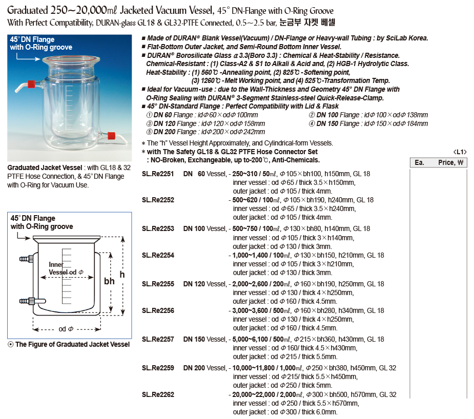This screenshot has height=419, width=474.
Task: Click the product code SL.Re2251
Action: click(x=158, y=174)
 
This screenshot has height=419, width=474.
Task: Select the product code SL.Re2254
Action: click(x=158, y=255)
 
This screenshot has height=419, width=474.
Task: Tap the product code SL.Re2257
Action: click(x=158, y=339)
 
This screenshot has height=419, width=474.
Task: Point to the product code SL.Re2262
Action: click(x=158, y=395)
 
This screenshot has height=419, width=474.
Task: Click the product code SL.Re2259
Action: click(x=158, y=368)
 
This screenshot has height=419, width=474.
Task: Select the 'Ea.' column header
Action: click(x=420, y=162)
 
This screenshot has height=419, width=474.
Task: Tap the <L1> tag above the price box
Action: click(x=459, y=152)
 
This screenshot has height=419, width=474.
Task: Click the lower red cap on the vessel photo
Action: click(x=111, y=135)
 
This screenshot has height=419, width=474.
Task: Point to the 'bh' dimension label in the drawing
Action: click(x=109, y=281)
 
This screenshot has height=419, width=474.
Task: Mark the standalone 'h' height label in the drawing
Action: click(x=122, y=275)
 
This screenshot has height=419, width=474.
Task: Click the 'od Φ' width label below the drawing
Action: click(x=66, y=329)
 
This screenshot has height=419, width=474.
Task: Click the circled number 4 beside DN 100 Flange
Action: click(x=312, y=115)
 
